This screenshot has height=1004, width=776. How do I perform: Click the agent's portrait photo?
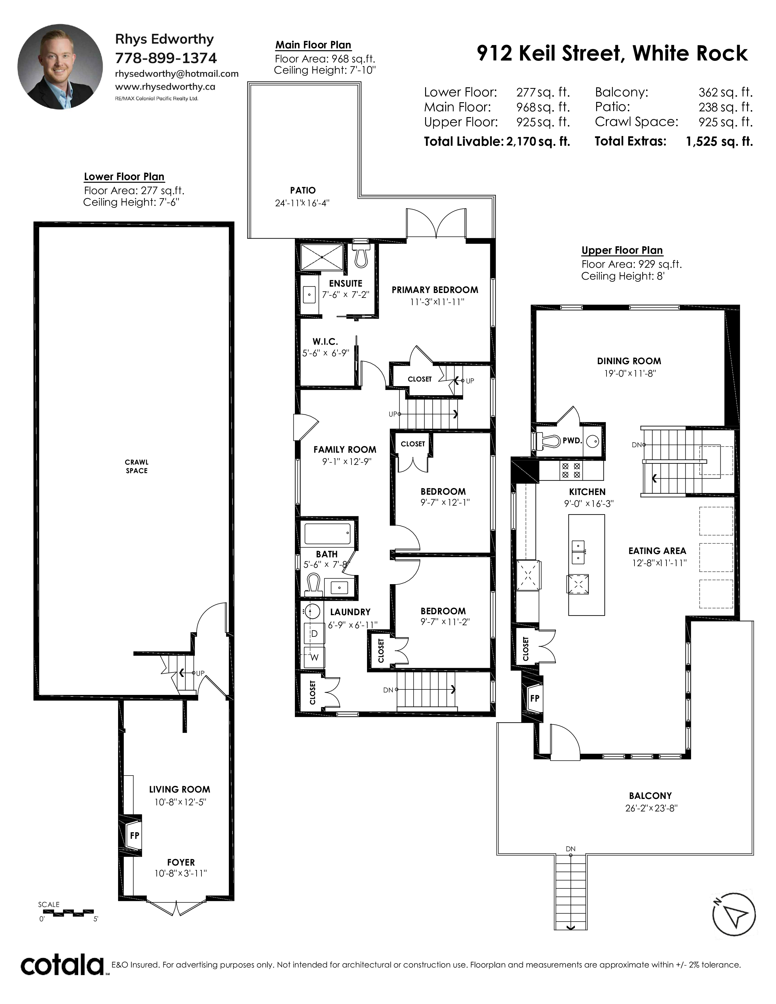[x=60, y=67]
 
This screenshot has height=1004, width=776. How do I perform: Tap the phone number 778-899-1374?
[x=166, y=58]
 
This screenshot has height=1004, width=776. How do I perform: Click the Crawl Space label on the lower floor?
[x=137, y=466]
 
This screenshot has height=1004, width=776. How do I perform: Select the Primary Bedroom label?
[x=435, y=290]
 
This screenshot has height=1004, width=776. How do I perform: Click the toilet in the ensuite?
[x=361, y=254]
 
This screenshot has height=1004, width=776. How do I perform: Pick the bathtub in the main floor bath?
[x=328, y=534]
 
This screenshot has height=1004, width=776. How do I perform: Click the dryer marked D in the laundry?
[x=314, y=633]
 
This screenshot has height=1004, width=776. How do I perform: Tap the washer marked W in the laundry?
[x=314, y=657]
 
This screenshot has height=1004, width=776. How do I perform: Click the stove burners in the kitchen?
[x=571, y=471]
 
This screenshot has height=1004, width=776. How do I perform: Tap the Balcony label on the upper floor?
[x=650, y=796]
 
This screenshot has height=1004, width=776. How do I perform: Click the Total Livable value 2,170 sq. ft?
[x=538, y=141]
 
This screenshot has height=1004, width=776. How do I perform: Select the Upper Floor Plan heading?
[x=622, y=250]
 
